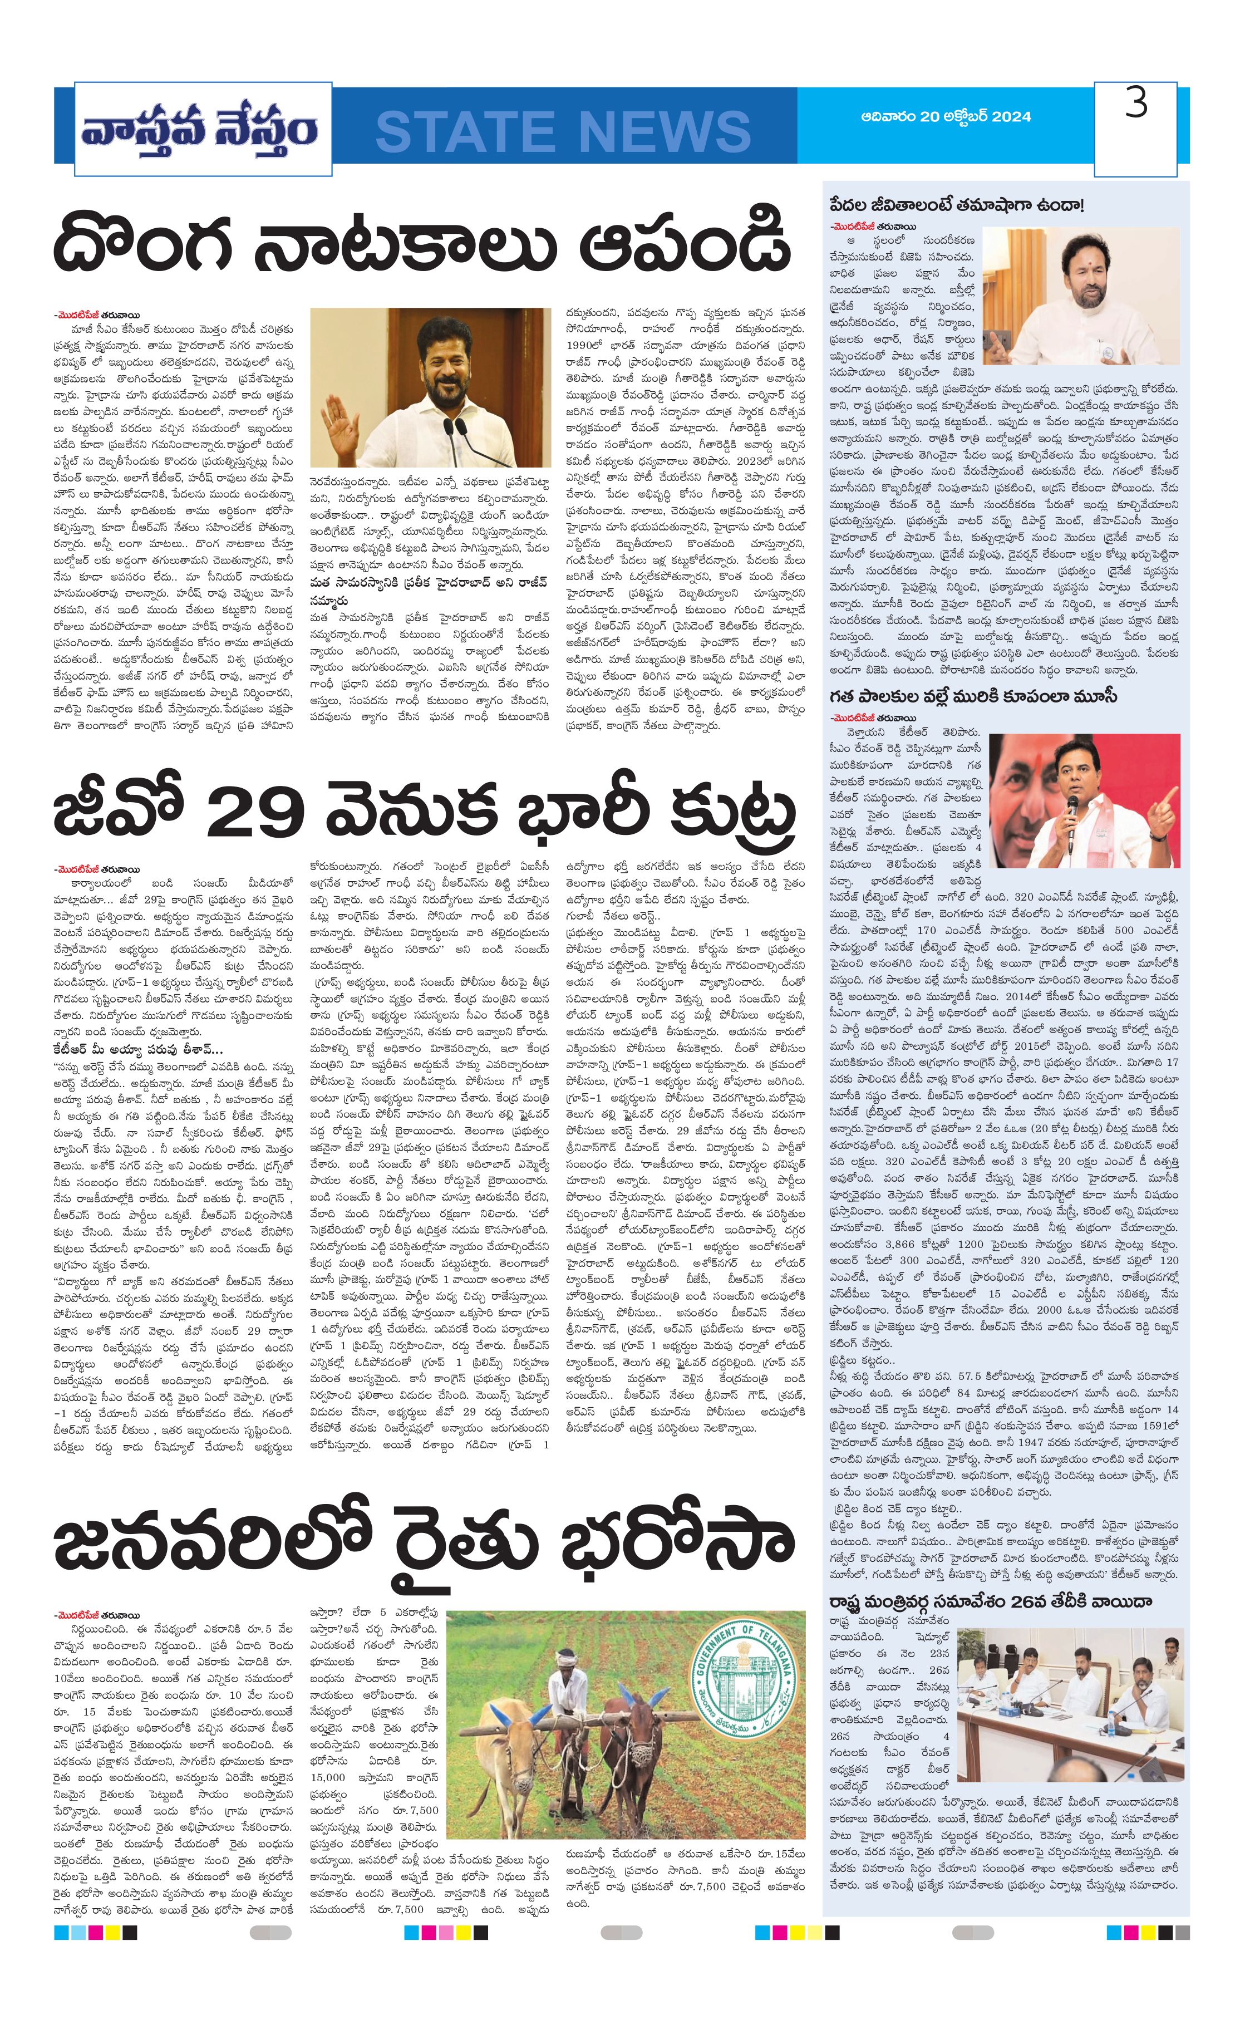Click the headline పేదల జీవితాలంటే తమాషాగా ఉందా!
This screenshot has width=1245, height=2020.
(957, 204)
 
